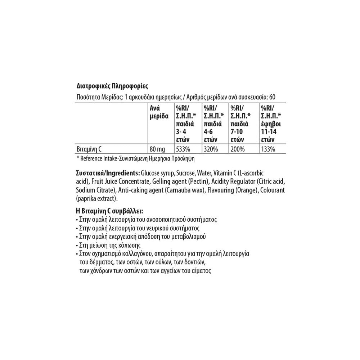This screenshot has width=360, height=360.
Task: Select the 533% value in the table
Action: [182, 149]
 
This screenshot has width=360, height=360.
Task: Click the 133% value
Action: [268, 149]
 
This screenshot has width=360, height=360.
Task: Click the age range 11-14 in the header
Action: [269, 132]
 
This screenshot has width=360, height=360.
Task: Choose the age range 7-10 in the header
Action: [238, 132]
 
